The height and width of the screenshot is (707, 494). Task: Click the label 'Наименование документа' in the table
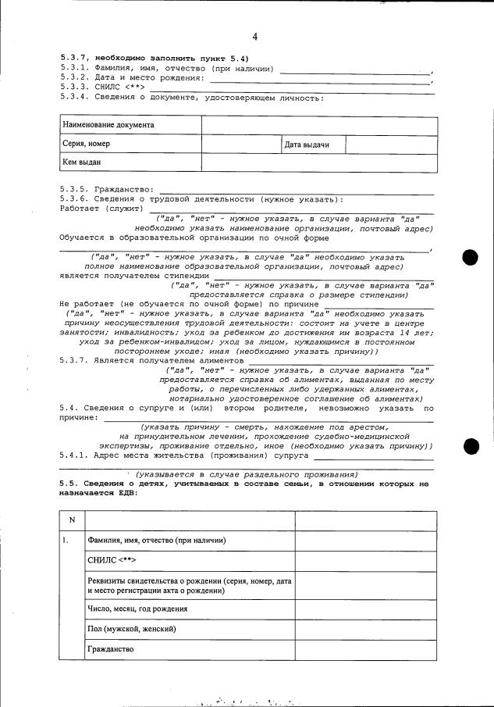click(x=108, y=125)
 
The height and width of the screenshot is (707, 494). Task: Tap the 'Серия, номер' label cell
click(x=87, y=144)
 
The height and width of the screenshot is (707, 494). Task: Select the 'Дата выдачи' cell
click(x=307, y=145)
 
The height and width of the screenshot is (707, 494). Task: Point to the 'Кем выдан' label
click(x=82, y=162)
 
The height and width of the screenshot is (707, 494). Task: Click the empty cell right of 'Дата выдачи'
click(x=390, y=145)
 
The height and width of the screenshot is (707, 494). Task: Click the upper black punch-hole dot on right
click(x=471, y=257)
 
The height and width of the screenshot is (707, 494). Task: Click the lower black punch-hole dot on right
click(x=471, y=446)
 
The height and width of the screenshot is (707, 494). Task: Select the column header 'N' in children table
click(x=72, y=520)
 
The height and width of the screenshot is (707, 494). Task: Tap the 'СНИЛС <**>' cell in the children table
click(x=112, y=561)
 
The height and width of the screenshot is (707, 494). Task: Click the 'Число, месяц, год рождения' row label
click(x=137, y=609)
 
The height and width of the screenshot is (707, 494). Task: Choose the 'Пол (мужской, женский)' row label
click(x=131, y=629)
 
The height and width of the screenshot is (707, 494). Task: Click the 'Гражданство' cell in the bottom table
click(x=111, y=649)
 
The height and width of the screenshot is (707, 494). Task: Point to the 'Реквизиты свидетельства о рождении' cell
click(x=190, y=586)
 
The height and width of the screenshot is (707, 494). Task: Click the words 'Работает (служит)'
click(x=99, y=209)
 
